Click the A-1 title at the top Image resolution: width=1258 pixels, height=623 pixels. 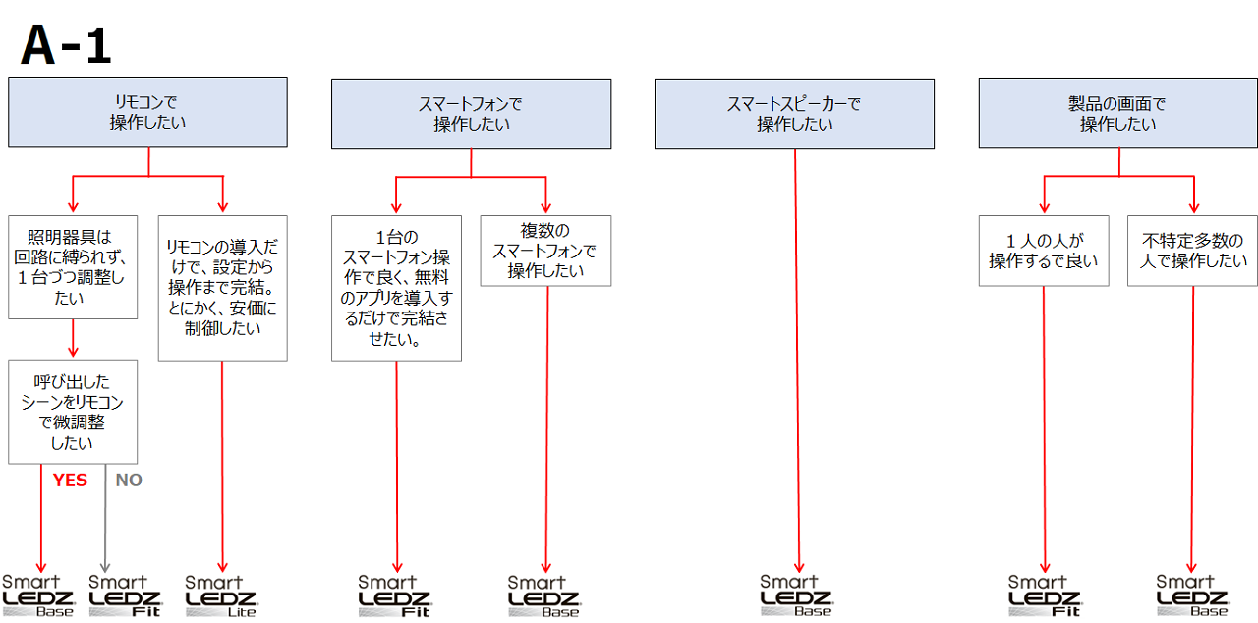pos(67,46)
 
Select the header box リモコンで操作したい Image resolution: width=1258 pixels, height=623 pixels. pos(147,113)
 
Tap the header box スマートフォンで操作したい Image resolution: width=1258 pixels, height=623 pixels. pos(471,114)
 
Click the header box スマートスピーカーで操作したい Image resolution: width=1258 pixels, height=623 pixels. pos(794,114)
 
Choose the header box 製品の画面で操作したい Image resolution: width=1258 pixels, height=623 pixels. pos(1117,114)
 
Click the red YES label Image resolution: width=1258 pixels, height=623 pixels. pos(70,481)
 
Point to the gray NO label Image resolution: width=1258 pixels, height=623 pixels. pos(129,481)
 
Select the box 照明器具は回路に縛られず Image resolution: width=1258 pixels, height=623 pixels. pos(72,267)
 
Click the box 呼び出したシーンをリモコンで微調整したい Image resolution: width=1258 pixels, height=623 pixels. pos(72,412)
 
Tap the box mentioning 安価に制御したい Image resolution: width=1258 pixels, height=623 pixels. pos(222,288)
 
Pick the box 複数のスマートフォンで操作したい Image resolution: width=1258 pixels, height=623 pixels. pos(545,251)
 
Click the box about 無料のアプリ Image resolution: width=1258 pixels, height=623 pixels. pos(396,288)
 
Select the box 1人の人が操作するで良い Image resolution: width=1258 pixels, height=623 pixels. pos(1043,251)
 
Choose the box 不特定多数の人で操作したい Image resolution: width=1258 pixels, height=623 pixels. pos(1192,251)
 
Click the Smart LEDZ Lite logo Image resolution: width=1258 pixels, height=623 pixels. pos(221,596)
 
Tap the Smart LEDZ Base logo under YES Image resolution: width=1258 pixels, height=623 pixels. pos(38,596)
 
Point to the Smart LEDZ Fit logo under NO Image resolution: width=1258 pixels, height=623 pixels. pos(125,596)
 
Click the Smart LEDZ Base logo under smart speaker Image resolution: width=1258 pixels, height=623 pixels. pos(796,596)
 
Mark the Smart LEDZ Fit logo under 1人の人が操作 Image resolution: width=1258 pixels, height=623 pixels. pos(1045,596)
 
